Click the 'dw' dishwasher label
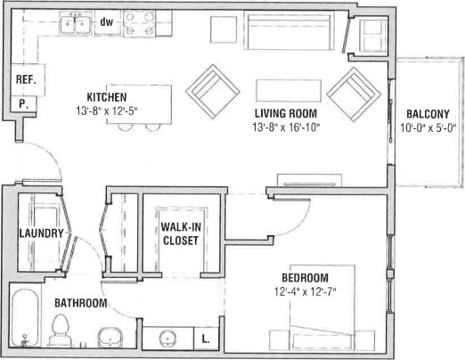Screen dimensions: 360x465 pyautogui.click(x=106, y=21)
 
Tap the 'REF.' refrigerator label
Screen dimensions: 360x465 pyautogui.click(x=25, y=79)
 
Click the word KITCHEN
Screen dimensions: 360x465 pyautogui.click(x=106, y=96)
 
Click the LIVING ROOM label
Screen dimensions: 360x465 pyautogui.click(x=285, y=114)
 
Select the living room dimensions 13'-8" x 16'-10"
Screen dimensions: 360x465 pyautogui.click(x=285, y=127)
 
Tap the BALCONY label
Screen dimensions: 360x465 pyautogui.click(x=428, y=114)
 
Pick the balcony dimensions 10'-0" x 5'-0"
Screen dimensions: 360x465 pyautogui.click(x=428, y=127)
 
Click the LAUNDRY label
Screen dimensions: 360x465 pyautogui.click(x=42, y=233)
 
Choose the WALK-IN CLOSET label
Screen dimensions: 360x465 pyautogui.click(x=179, y=233)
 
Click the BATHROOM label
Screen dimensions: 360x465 pyautogui.click(x=80, y=303)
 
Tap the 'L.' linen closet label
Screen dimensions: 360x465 pyautogui.click(x=206, y=339)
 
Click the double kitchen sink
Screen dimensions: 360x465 pyautogui.click(x=74, y=25)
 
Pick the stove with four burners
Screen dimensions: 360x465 pyautogui.click(x=138, y=23)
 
